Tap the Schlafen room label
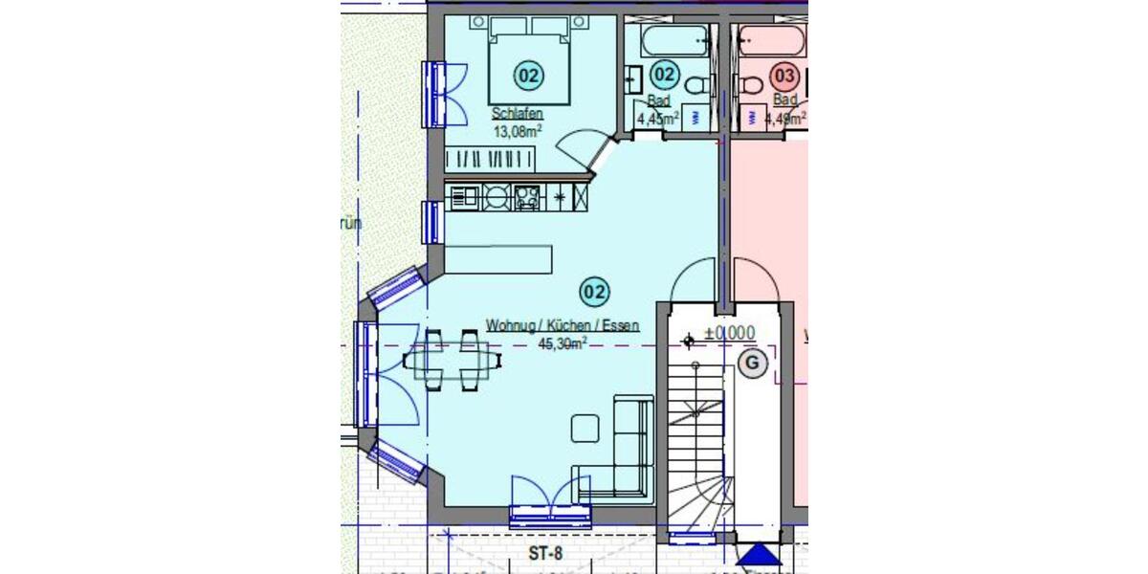(x=517, y=114)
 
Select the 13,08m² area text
(x=518, y=131)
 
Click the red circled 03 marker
(x=784, y=75)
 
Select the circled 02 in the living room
(x=594, y=290)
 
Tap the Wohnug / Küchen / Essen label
(x=562, y=326)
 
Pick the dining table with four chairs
(x=453, y=361)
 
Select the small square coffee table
(x=585, y=428)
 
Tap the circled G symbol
(x=752, y=363)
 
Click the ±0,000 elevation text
(x=729, y=334)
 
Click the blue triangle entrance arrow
(x=760, y=557)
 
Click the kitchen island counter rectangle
(x=498, y=258)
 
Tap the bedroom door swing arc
(x=578, y=146)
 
